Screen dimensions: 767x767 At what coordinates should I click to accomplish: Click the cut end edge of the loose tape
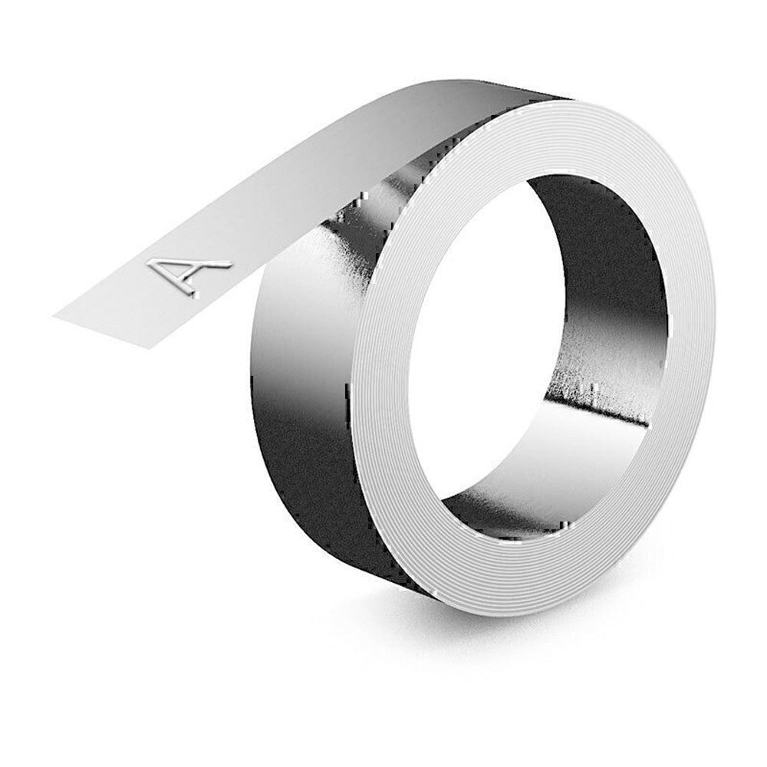tap(100, 331)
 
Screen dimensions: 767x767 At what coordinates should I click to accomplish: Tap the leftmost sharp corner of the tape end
tap(55, 314)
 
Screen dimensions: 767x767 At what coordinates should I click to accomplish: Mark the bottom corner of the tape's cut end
tap(146, 347)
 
